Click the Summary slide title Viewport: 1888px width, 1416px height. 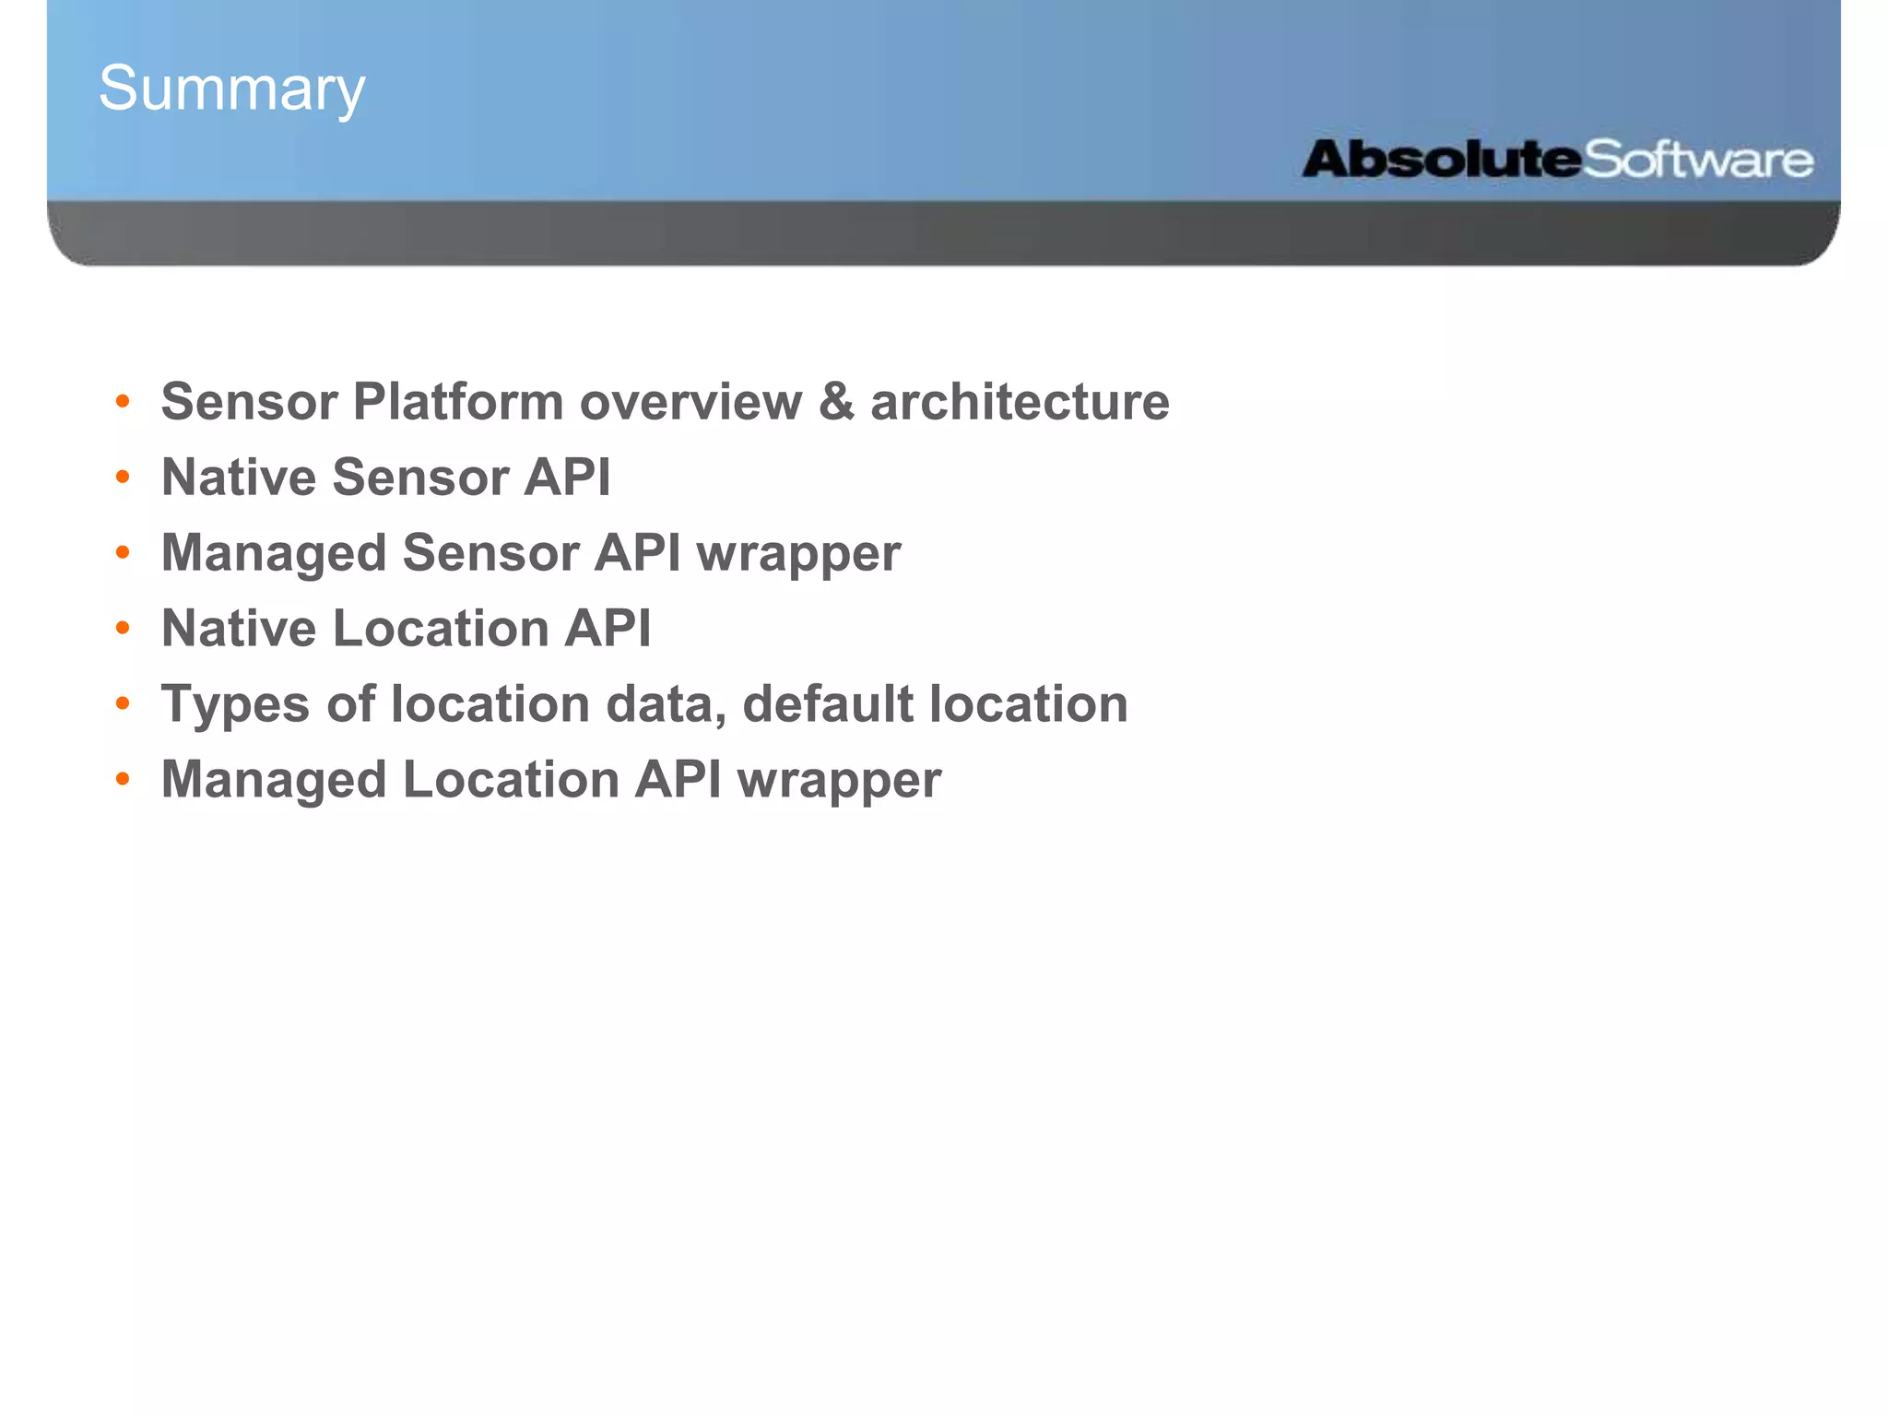232,89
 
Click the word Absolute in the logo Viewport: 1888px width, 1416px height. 1441,159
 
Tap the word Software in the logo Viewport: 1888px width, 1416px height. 1698,160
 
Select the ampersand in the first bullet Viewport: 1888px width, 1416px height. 835,402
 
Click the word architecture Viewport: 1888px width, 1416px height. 1020,402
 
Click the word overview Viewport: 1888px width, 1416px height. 690,402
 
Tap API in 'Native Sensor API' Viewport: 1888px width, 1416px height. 567,478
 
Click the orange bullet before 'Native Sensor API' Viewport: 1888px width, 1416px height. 123,478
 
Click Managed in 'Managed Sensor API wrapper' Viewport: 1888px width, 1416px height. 274,553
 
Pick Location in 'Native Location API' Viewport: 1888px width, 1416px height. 441,629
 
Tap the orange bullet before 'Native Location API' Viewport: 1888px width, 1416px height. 123,629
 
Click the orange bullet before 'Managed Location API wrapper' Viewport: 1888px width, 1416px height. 123,780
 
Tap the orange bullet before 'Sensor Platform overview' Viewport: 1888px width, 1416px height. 123,402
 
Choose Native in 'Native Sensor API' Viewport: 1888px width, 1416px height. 239,478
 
